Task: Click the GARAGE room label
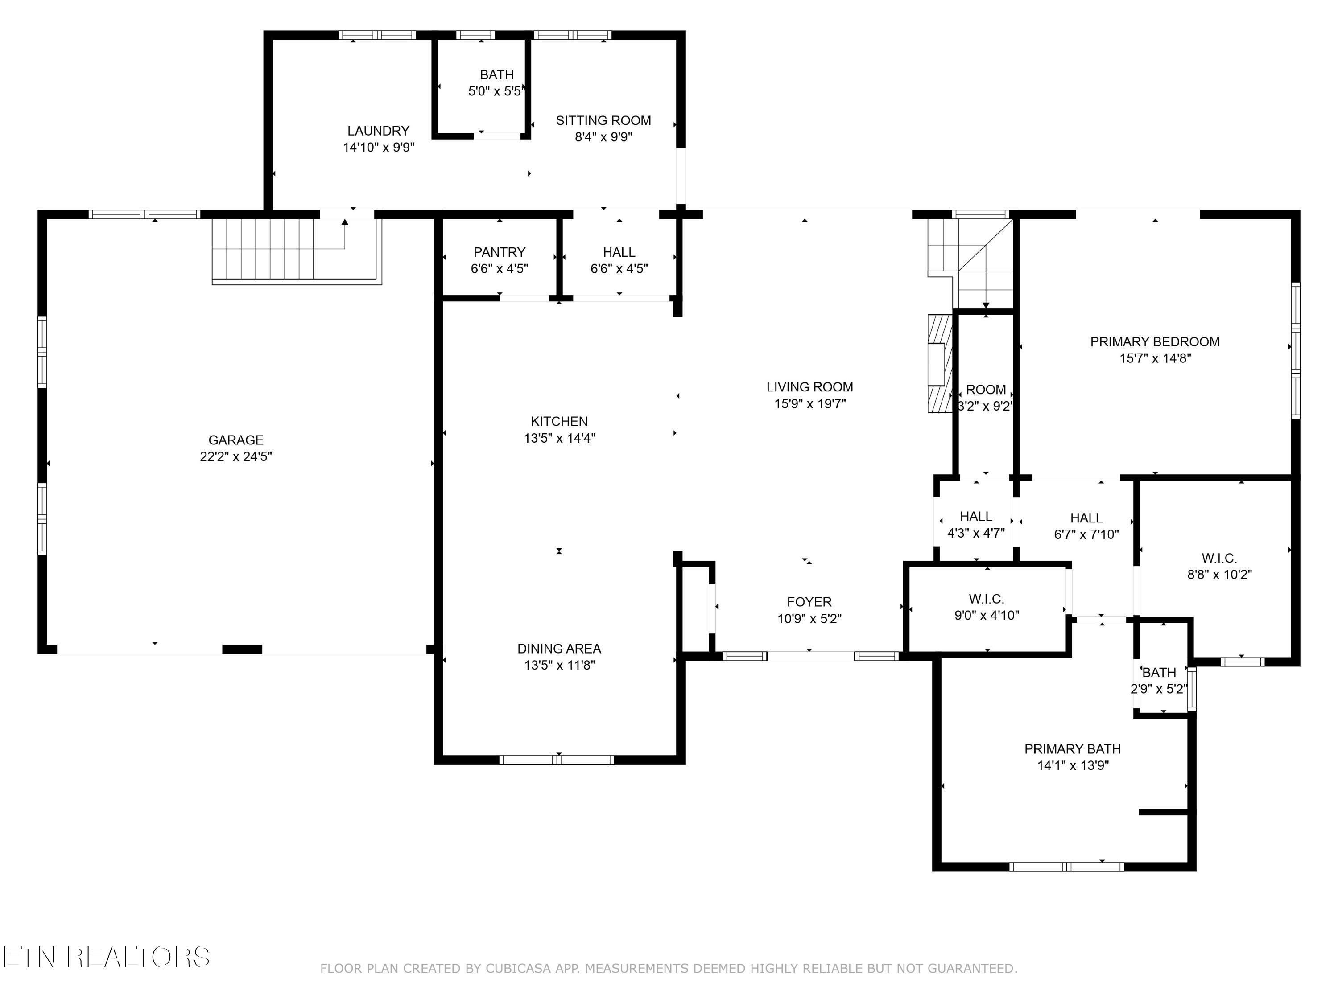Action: pyautogui.click(x=236, y=440)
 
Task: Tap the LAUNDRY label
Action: pyautogui.click(x=378, y=131)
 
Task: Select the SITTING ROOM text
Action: pyautogui.click(x=603, y=120)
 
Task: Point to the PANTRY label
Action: pyautogui.click(x=499, y=252)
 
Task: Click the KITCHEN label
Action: pyautogui.click(x=559, y=421)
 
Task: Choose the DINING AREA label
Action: pyautogui.click(x=559, y=649)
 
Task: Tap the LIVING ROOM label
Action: pyautogui.click(x=810, y=387)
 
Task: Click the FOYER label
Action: pyautogui.click(x=809, y=602)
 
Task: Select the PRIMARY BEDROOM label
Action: pyautogui.click(x=1155, y=341)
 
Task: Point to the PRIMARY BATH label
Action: pyautogui.click(x=1073, y=749)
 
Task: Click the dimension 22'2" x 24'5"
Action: pyautogui.click(x=236, y=456)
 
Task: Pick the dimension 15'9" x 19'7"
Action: pyautogui.click(x=810, y=403)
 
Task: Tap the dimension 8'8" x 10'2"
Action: pyautogui.click(x=1219, y=574)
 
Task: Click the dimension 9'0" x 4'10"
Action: pyautogui.click(x=987, y=616)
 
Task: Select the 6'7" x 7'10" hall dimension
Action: pyautogui.click(x=1086, y=534)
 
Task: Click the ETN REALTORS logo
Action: pyautogui.click(x=107, y=957)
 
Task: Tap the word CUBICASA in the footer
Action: pyautogui.click(x=518, y=969)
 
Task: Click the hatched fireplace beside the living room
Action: pyautogui.click(x=941, y=363)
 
